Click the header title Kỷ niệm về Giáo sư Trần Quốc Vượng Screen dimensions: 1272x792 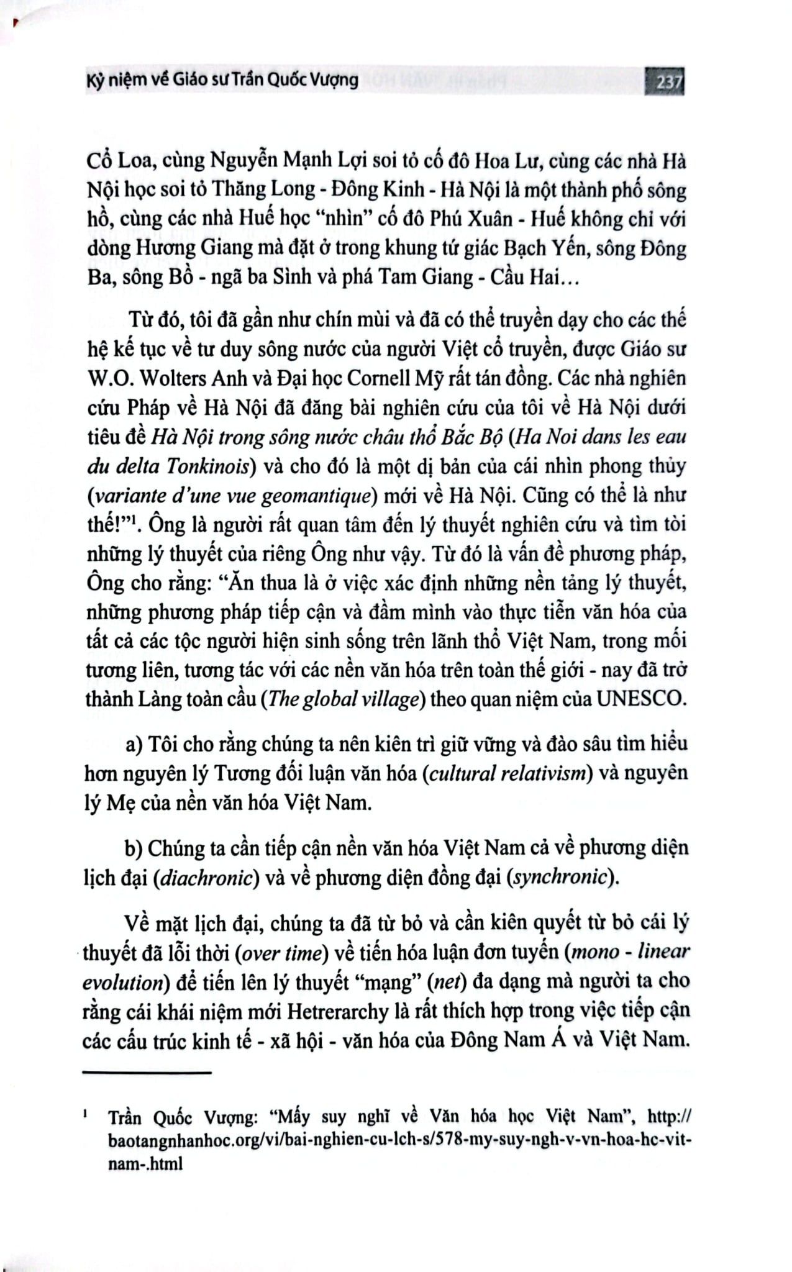[221, 80]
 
